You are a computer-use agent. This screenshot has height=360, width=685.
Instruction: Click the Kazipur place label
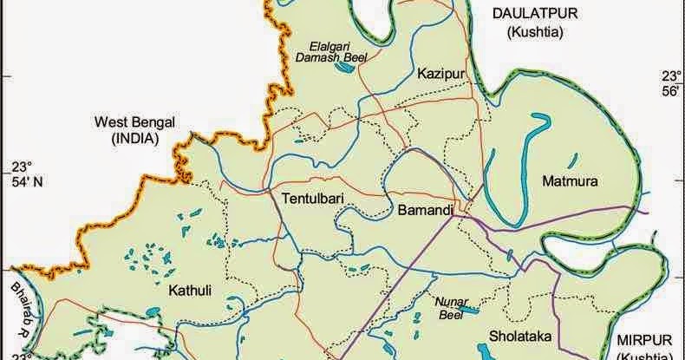coord(437,73)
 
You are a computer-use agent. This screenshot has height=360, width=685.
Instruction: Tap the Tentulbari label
coord(314,199)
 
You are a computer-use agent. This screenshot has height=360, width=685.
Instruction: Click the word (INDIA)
coord(133,138)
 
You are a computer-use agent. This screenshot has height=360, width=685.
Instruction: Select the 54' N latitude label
coord(23,181)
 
